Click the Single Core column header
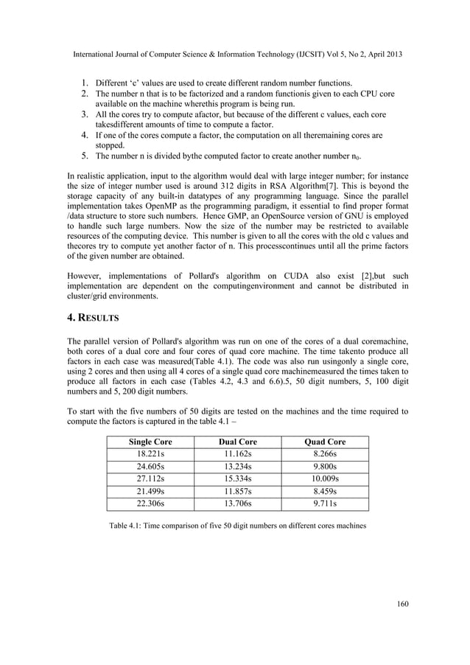[x=151, y=442]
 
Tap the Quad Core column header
[x=325, y=442]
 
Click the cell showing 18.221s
[x=151, y=454]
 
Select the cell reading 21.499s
[x=151, y=492]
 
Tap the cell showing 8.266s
[x=325, y=454]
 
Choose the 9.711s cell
[x=325, y=504]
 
